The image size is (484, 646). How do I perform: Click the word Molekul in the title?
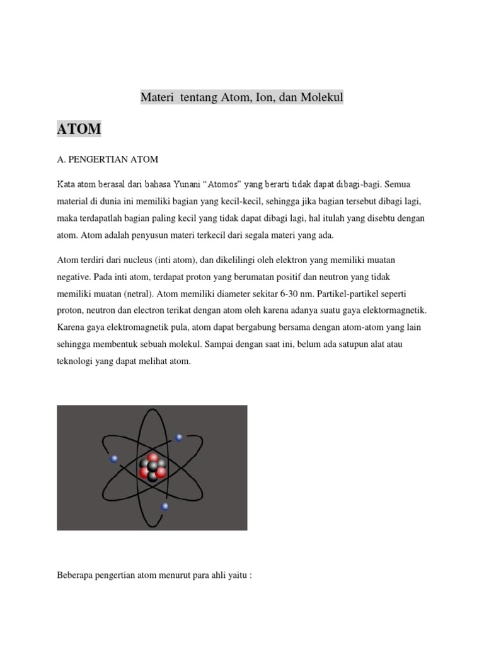pos(321,98)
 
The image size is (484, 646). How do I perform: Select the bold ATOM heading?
pos(79,129)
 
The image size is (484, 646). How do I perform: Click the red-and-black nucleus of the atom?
pos(152,467)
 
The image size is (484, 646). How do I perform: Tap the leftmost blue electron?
pos(114,459)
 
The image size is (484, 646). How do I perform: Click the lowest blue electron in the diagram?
pos(164,506)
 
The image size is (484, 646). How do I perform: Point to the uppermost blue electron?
pos(179,437)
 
